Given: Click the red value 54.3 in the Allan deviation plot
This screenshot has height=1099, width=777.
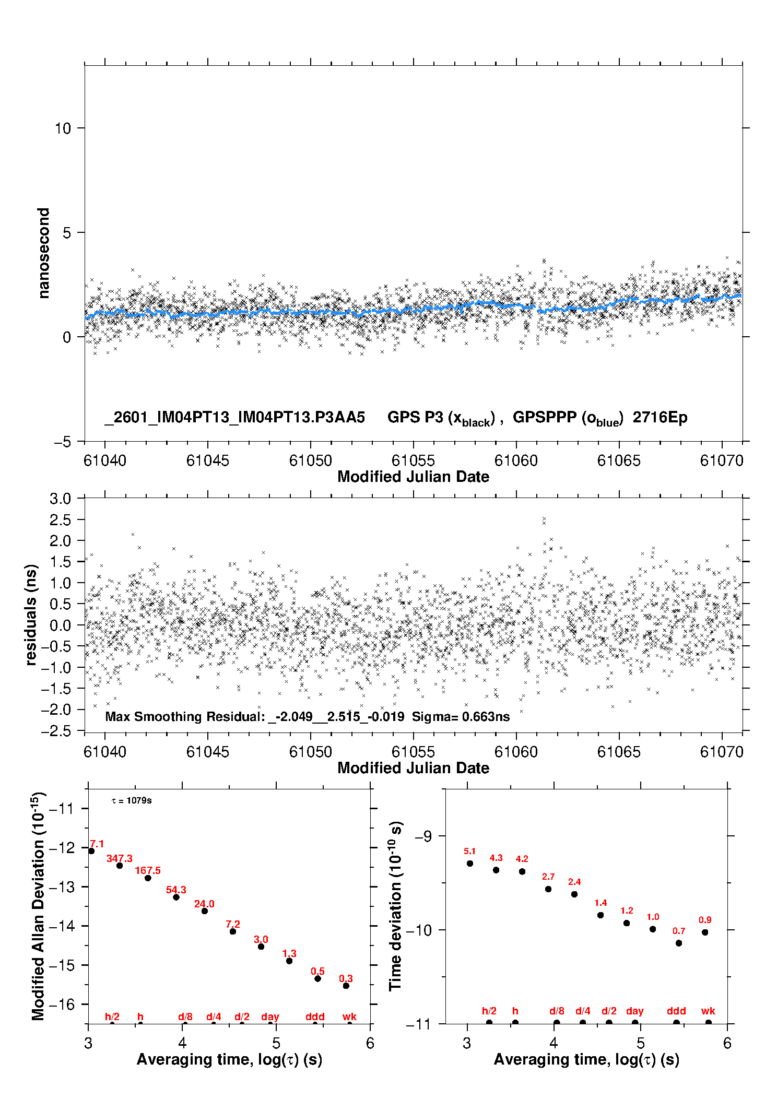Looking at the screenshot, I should pos(176,890).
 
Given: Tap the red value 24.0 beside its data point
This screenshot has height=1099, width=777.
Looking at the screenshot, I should pos(204,904).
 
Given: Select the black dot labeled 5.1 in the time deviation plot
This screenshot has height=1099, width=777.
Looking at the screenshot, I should pos(470,864).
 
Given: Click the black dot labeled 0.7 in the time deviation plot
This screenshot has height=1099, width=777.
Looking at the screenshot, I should pos(679,943).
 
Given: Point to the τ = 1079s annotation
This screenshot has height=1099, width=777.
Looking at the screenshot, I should pos(132,800).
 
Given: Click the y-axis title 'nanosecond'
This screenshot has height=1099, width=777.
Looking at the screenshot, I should pos(43,253).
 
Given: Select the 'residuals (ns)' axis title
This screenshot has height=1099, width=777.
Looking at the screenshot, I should pos(31,615).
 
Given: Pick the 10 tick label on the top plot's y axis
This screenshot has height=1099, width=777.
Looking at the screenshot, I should pos(63,128).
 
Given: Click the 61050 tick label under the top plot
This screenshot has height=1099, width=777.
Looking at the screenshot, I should pos(310,460).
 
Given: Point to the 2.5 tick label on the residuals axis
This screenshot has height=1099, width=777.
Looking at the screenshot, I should pos(60,519).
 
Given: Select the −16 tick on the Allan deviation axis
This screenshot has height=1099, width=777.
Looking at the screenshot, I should pos(61,1004).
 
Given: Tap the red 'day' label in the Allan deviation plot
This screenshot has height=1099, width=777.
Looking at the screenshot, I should pos(270,1017).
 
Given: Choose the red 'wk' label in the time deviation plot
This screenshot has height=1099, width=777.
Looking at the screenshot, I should pos(708,1011).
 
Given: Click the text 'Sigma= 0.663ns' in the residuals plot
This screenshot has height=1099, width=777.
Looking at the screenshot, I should pos(461,716).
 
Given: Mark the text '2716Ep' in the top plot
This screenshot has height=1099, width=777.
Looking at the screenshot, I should pos(660,417).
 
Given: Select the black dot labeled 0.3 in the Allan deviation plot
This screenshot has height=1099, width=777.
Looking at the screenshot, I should pos(346,986).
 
